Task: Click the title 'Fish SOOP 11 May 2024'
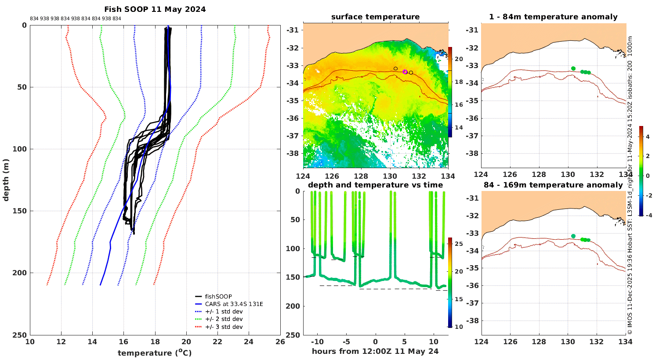coord(155,9)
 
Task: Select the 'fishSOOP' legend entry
coord(218,296)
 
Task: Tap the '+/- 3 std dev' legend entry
coord(224,327)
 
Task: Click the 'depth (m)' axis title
coord(6,180)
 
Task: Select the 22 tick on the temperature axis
coord(217,342)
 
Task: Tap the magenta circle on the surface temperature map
coord(405,72)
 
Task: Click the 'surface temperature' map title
coord(375,17)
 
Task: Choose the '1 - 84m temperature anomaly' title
coord(554,17)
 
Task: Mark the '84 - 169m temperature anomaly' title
coord(554,185)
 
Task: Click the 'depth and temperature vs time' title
coord(375,185)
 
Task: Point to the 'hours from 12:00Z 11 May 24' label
coord(375,351)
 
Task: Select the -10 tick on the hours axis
coord(317,342)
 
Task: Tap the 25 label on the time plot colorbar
coord(459,244)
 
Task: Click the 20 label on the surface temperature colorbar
coord(459,59)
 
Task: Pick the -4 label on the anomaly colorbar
coord(648,215)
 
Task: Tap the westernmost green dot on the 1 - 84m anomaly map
coord(573,68)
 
